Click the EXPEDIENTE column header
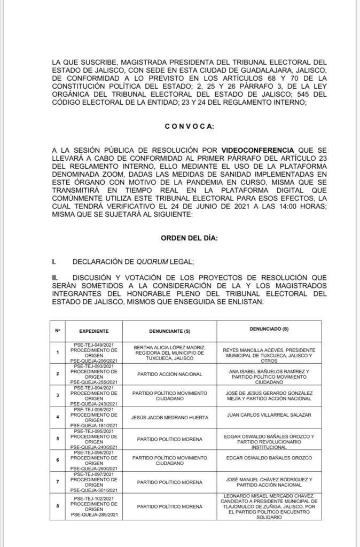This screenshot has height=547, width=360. pyautogui.click(x=93, y=331)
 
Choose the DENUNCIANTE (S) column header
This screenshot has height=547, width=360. pyautogui.click(x=168, y=331)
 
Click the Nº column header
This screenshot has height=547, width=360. pyautogui.click(x=57, y=331)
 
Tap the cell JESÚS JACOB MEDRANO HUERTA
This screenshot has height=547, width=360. pyautogui.click(x=168, y=417)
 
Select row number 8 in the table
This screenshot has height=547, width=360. pyautogui.click(x=57, y=506)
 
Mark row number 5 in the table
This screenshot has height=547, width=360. pyautogui.click(x=57, y=439)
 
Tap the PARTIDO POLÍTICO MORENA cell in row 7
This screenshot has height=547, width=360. pyautogui.click(x=168, y=482)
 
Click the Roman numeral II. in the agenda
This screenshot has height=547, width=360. pyautogui.click(x=54, y=278)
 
